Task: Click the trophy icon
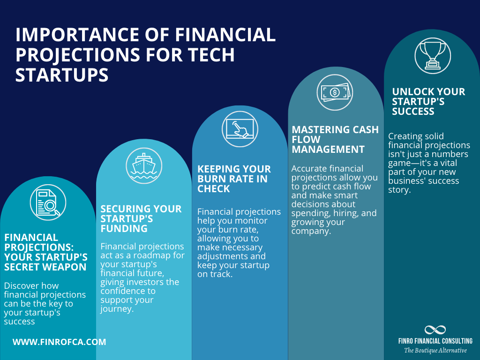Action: [x=432, y=56]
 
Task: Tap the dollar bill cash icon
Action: [x=334, y=92]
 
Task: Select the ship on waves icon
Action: [x=144, y=165]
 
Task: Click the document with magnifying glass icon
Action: [x=48, y=202]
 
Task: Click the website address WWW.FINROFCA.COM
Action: [x=59, y=342]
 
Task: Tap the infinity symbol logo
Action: [x=435, y=330]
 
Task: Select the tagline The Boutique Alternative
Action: [x=435, y=350]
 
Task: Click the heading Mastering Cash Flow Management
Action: [x=335, y=139]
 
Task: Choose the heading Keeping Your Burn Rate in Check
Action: [x=234, y=179]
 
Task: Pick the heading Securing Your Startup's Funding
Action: [x=141, y=218]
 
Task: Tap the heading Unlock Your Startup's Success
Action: [x=428, y=101]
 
